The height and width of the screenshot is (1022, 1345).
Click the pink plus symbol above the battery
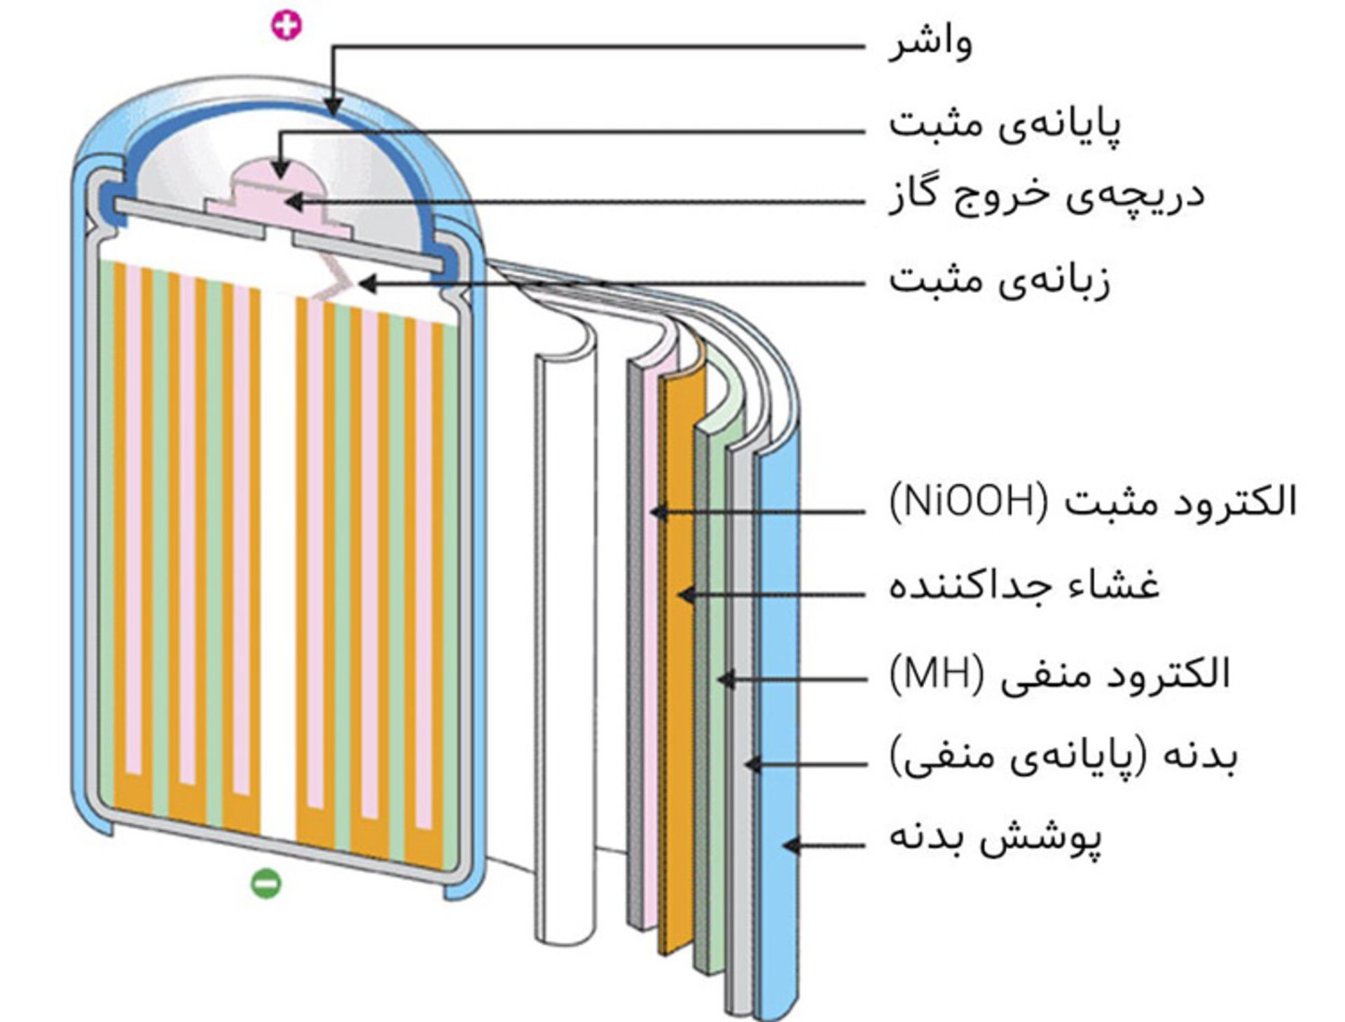click(287, 26)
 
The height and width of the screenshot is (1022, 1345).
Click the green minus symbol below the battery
click(266, 883)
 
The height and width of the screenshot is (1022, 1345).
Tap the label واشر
click(930, 43)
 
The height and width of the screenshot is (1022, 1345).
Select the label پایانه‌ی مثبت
click(1005, 125)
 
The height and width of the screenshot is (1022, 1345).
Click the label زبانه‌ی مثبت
click(1000, 281)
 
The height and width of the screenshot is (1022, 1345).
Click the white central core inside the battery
click(278, 560)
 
